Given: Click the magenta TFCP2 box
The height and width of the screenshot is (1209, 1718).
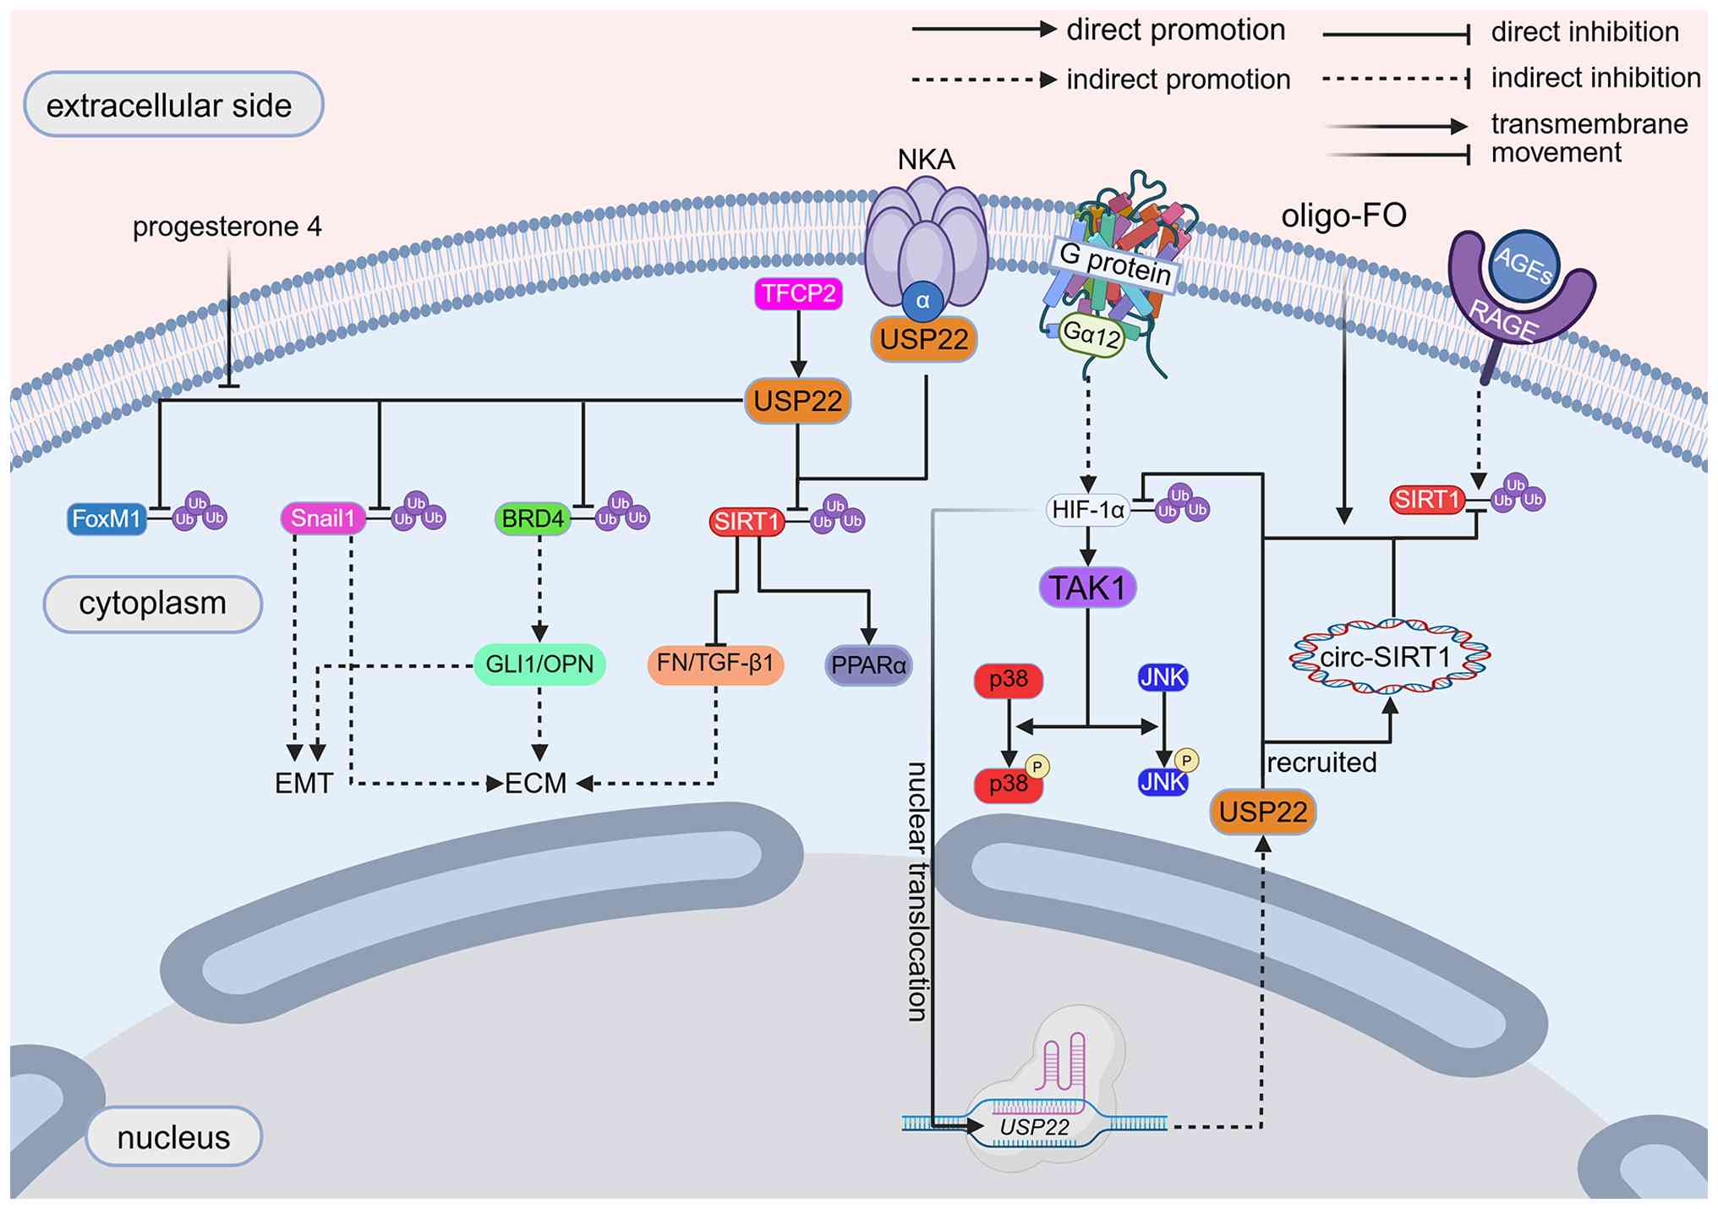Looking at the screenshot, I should click(798, 293).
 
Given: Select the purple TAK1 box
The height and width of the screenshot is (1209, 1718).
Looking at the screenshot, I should click(1087, 588).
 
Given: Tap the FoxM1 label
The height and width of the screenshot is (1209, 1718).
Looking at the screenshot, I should click(107, 518).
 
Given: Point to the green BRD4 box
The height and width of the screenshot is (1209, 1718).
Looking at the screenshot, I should click(533, 518).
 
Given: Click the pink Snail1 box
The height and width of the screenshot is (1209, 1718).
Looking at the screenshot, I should click(323, 518).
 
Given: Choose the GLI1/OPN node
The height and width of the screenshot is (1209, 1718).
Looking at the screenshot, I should click(539, 665).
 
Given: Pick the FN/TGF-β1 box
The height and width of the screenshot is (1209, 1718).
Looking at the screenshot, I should click(715, 664).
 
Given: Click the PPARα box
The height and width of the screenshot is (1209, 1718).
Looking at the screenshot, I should click(868, 665).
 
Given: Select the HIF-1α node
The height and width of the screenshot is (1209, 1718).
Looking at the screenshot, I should click(1088, 510).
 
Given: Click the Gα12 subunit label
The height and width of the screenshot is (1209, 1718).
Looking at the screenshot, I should click(1092, 334).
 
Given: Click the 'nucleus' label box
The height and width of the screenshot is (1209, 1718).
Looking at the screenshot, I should click(173, 1137).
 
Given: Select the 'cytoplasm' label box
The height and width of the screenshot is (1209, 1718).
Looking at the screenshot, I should click(153, 604).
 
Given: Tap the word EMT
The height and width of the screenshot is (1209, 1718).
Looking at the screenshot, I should click(304, 783).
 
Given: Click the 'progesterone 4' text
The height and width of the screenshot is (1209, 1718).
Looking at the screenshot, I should click(227, 227).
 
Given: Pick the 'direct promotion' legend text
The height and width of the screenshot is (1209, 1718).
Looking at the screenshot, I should click(1175, 30).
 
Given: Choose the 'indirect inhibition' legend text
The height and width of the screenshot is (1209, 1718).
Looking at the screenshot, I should click(1595, 78).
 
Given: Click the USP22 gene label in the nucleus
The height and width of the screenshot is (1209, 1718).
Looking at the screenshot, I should click(1034, 1127).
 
